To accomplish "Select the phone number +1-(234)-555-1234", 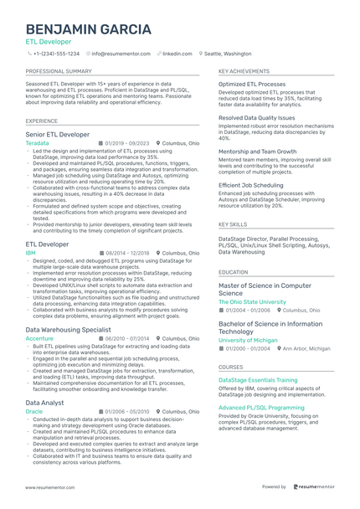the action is [x=56, y=53].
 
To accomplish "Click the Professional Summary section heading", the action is [x=59, y=72].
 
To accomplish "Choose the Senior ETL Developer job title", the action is [x=58, y=134].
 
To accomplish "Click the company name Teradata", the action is [x=38, y=143].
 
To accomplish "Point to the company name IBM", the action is [x=31, y=252].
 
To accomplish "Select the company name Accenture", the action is [x=39, y=338].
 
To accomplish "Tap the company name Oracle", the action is [x=34, y=412].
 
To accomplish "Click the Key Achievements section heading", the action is [x=244, y=72].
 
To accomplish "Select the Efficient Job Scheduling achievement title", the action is [x=251, y=184].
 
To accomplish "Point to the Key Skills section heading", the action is [x=233, y=224].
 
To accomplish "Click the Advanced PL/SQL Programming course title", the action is [x=261, y=407].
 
